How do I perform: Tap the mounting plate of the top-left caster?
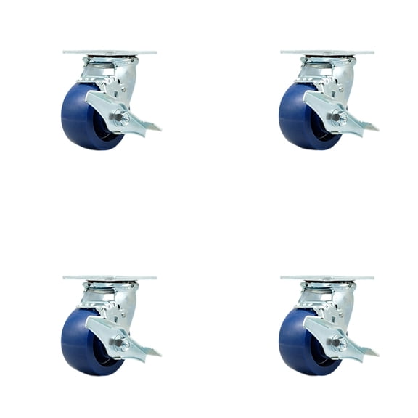click(110, 53)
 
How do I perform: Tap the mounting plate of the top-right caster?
click(327, 53)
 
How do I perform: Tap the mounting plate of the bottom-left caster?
click(110, 278)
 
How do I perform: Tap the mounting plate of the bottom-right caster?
click(327, 278)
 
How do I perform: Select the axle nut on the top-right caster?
click(339, 117)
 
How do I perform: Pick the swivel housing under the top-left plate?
click(109, 70)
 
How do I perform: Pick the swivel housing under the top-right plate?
click(327, 70)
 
